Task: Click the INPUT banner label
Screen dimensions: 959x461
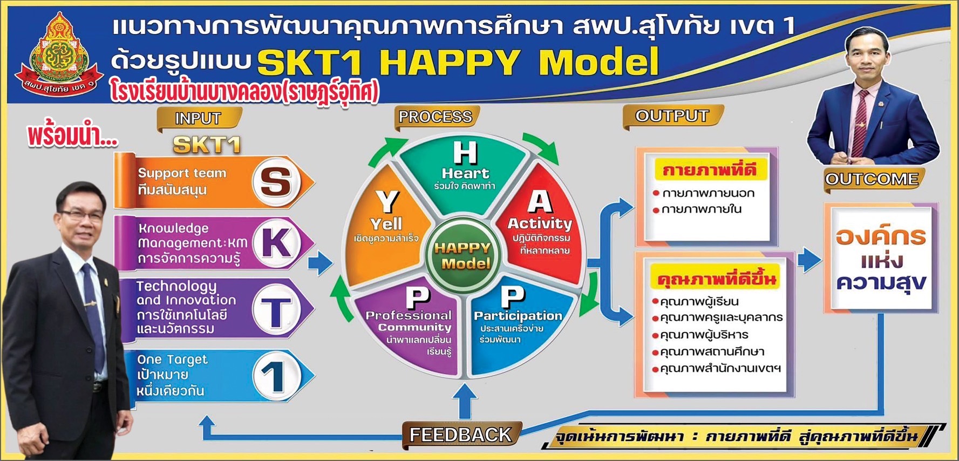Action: (198, 118)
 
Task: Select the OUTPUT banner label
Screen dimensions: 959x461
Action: (672, 116)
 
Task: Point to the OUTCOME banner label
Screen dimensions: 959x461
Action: (872, 179)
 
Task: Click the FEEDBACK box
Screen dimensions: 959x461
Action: (460, 435)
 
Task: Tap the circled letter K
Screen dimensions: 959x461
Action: (276, 243)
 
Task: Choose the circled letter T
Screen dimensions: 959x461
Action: (276, 310)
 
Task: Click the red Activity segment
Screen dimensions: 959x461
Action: (540, 227)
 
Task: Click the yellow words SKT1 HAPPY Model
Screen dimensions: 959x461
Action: (458, 62)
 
